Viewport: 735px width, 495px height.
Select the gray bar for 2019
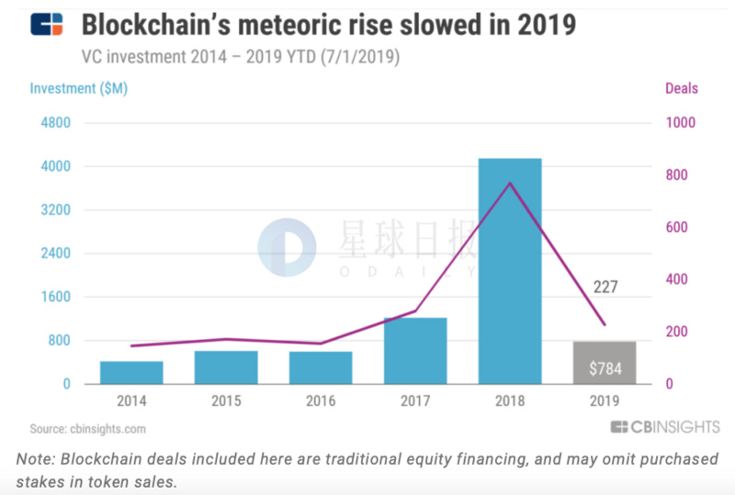[605, 354]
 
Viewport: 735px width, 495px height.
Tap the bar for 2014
[131, 373]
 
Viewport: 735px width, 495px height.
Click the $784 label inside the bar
[605, 368]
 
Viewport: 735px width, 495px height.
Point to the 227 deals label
[605, 287]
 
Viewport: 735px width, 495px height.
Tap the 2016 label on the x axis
[321, 401]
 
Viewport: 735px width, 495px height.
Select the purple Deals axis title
[680, 89]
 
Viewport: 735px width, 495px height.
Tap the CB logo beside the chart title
[47, 25]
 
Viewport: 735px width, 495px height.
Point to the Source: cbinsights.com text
[88, 429]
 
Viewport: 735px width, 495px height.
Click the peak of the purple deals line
[510, 183]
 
